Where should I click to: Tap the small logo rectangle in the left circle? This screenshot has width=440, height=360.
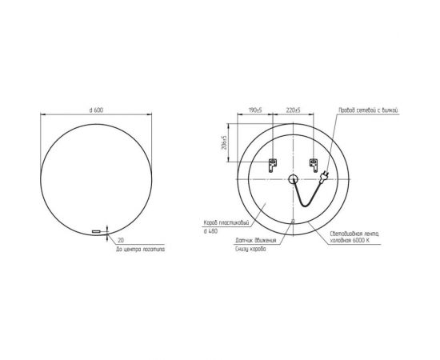[x=98, y=231]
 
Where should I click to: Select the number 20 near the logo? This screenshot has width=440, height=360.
[x=121, y=239]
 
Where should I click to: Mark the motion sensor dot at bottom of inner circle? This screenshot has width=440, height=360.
[x=293, y=222]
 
